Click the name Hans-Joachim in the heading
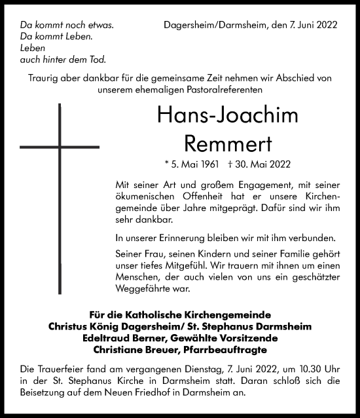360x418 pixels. tap(219, 117)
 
